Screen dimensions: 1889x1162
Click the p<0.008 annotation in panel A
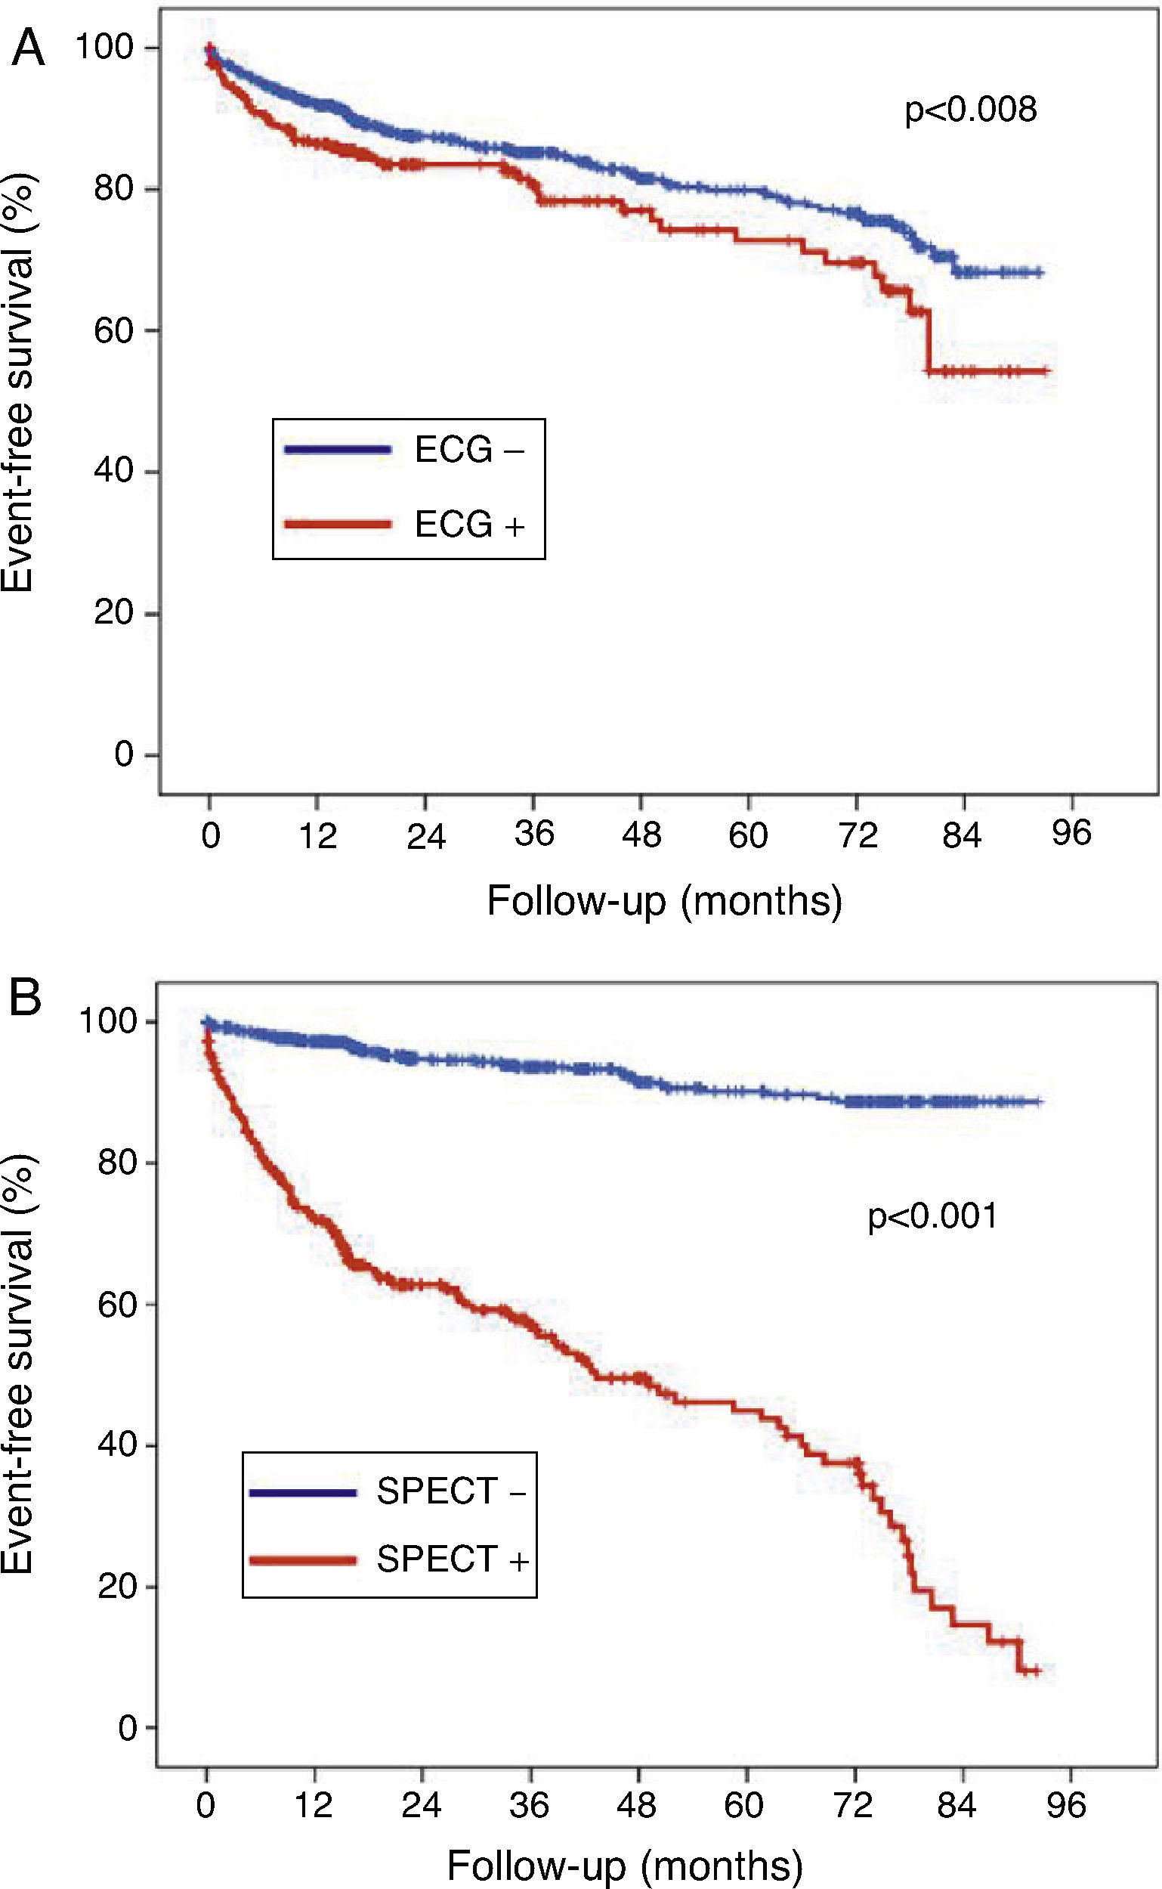(970, 110)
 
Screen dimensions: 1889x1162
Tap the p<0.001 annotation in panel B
(932, 1215)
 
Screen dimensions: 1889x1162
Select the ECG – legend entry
(468, 450)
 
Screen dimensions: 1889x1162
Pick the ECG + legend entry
(468, 525)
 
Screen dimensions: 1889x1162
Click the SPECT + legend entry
(452, 1559)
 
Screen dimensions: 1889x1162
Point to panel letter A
(27, 50)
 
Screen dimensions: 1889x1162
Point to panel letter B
(26, 999)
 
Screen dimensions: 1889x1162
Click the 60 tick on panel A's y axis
(116, 330)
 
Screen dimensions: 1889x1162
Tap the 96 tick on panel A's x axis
(1071, 834)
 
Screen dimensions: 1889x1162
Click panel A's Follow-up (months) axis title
(665, 900)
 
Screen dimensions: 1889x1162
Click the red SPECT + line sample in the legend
(303, 1559)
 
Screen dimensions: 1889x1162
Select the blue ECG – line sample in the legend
(338, 450)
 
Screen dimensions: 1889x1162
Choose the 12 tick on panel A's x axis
(317, 835)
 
